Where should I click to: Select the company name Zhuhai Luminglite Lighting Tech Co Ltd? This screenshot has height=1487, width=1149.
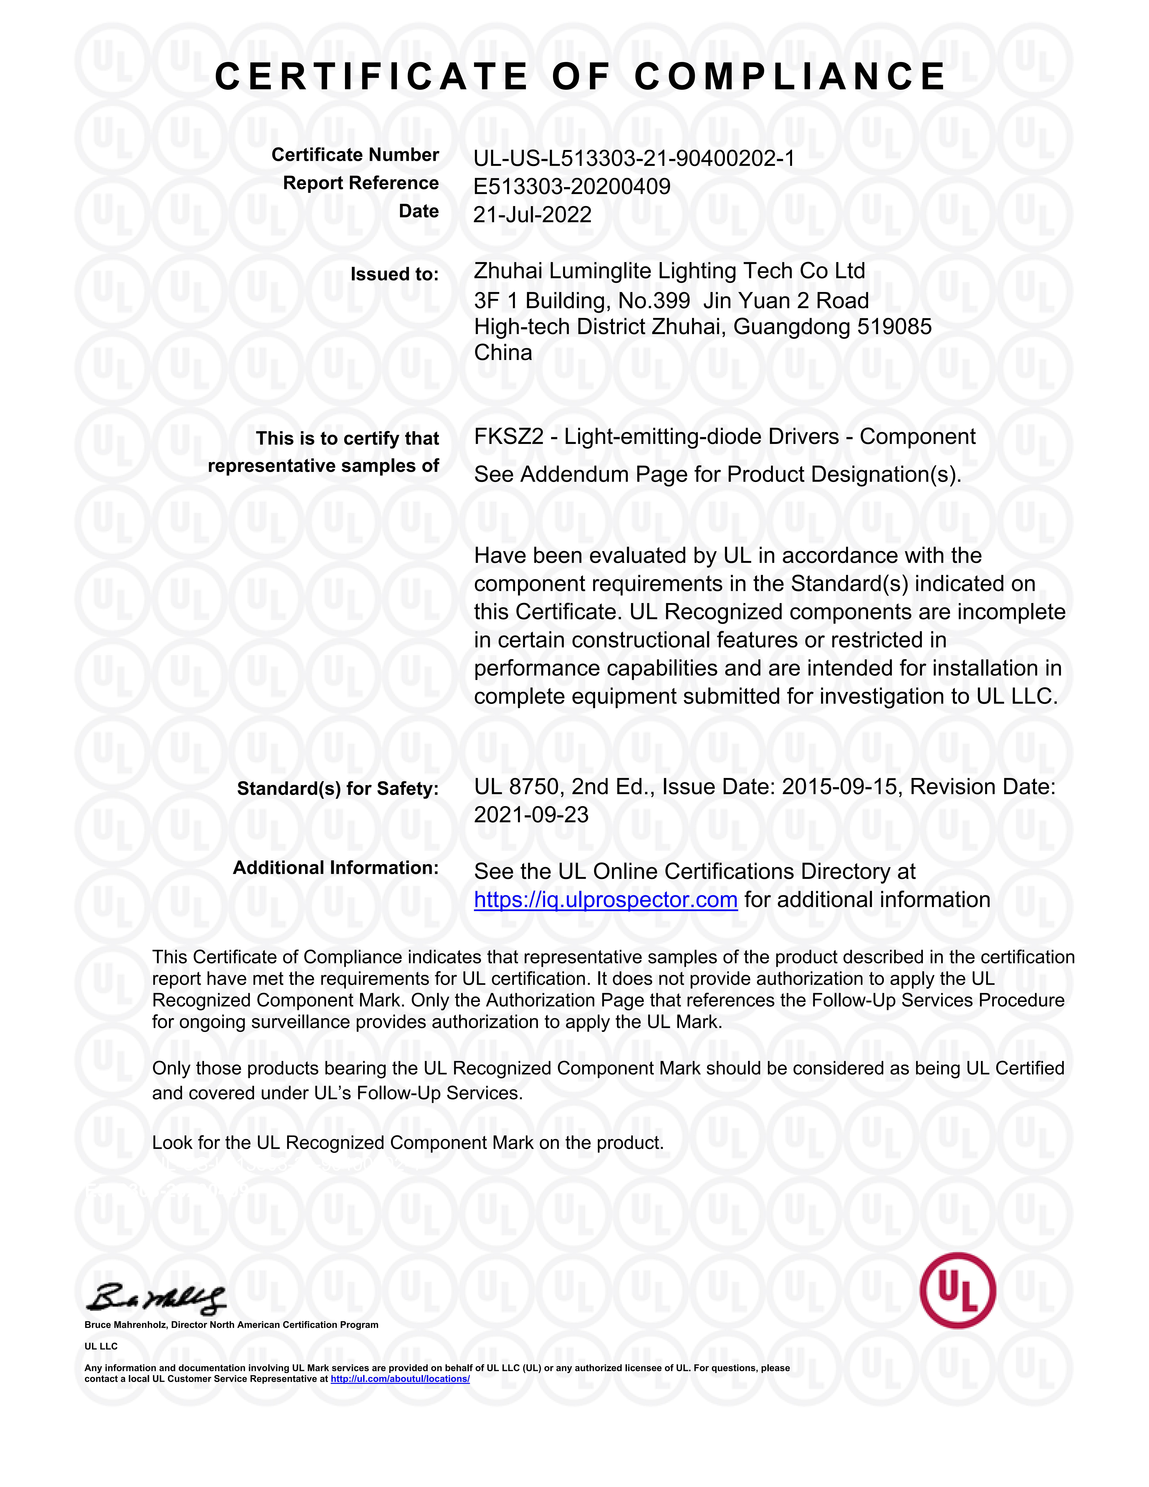[669, 271]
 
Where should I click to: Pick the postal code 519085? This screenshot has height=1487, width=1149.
[894, 327]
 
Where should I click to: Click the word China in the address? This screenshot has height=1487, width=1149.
[503, 353]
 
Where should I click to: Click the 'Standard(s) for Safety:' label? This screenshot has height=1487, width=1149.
[338, 788]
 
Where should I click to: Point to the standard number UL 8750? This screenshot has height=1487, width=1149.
[517, 787]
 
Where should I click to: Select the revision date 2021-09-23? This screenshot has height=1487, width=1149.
[531, 815]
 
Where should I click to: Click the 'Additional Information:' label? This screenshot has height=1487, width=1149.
[336, 868]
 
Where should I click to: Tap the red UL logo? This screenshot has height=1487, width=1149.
[957, 1290]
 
